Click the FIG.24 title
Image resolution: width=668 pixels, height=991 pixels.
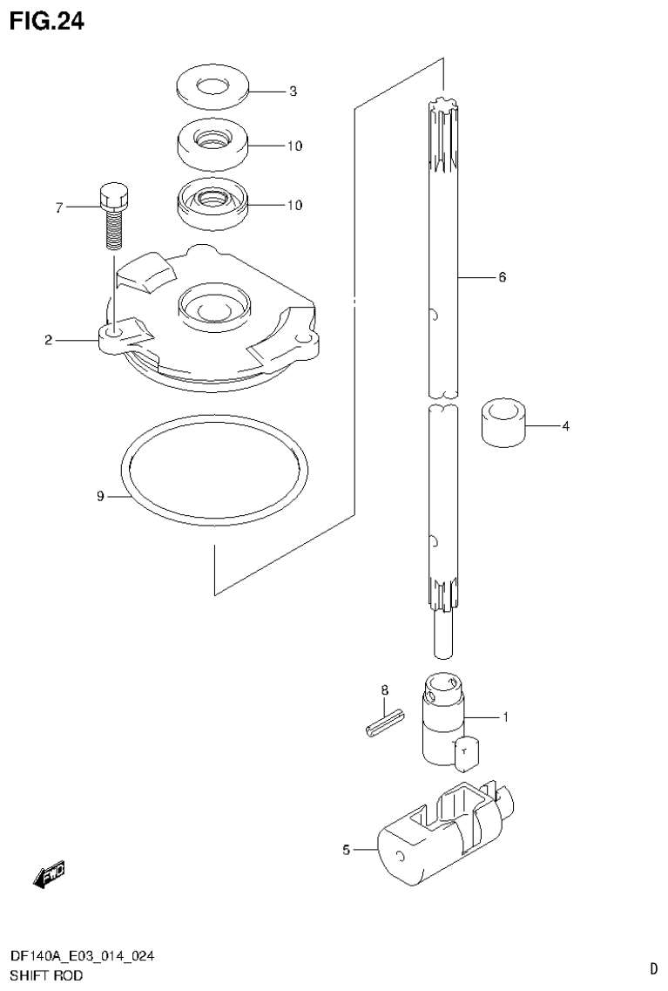[47, 21]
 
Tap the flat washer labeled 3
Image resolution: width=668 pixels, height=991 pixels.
[212, 88]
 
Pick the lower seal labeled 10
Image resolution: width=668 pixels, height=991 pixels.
[212, 204]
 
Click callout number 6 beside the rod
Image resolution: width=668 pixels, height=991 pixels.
[503, 277]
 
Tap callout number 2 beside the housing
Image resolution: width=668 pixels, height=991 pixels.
[49, 340]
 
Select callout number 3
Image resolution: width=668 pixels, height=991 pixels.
[294, 91]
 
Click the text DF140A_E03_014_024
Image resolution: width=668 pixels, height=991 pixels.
[82, 957]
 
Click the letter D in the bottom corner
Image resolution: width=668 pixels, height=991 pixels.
[653, 967]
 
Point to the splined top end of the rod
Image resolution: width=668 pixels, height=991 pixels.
[445, 130]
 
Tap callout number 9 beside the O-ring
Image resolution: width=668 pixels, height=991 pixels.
[100, 497]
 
